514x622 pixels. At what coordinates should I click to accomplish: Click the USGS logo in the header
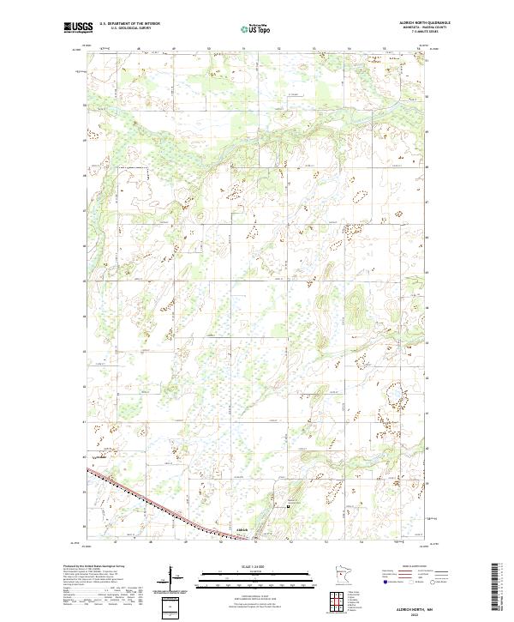tap(77, 27)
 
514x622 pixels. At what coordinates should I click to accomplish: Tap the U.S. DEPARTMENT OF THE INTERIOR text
tap(129, 24)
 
